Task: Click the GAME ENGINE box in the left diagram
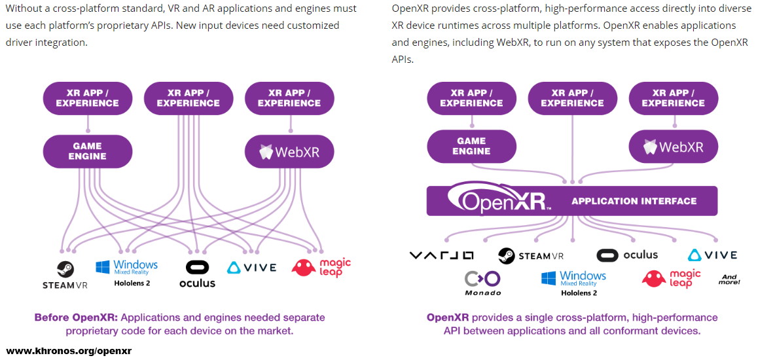click(88, 151)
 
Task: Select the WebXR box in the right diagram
click(674, 146)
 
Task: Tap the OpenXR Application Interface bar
click(571, 201)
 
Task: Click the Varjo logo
click(441, 255)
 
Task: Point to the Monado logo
click(482, 283)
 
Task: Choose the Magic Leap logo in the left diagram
click(321, 267)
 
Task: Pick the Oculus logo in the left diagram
click(197, 274)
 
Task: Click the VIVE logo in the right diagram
click(712, 255)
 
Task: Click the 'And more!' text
click(729, 279)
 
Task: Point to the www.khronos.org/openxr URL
click(69, 351)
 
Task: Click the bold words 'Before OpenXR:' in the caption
click(76, 317)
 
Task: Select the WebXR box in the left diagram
click(289, 151)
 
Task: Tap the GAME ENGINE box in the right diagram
click(471, 146)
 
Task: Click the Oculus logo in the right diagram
click(627, 255)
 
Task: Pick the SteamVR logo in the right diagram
click(530, 255)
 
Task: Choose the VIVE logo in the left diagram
click(251, 267)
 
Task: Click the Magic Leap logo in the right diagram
click(671, 278)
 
